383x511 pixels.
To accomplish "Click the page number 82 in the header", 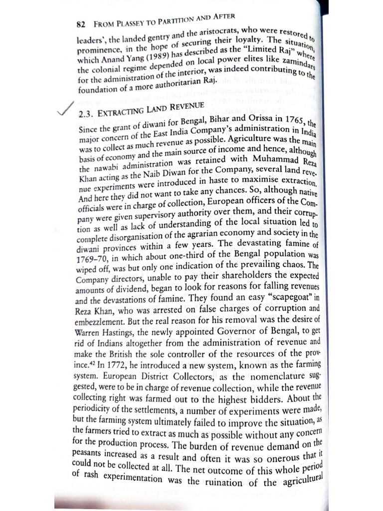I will tap(83, 24).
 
